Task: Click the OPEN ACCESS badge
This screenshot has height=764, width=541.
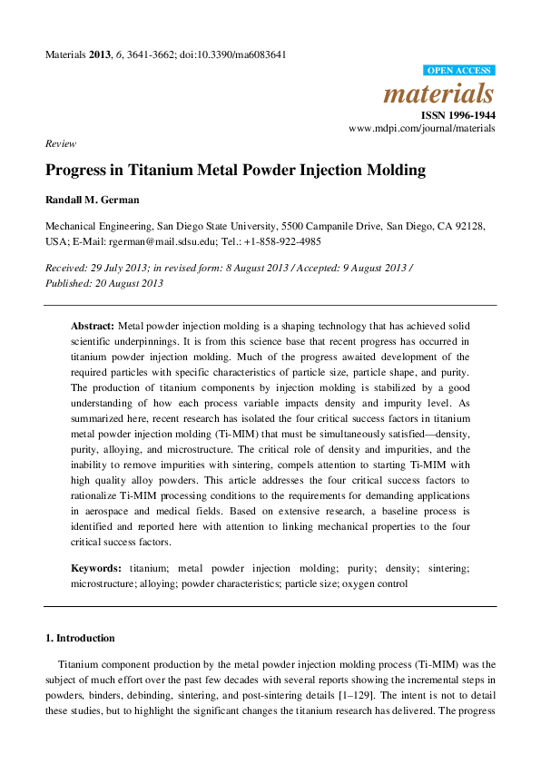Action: click(x=459, y=71)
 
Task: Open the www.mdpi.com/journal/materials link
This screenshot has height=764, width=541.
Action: click(x=422, y=129)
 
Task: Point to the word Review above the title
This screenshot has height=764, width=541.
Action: click(x=60, y=143)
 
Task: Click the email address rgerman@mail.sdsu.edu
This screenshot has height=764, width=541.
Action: click(x=160, y=241)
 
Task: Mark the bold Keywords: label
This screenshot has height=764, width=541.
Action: click(x=96, y=568)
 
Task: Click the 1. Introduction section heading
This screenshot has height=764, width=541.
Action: click(x=80, y=638)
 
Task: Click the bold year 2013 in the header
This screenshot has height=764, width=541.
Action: click(x=100, y=54)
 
